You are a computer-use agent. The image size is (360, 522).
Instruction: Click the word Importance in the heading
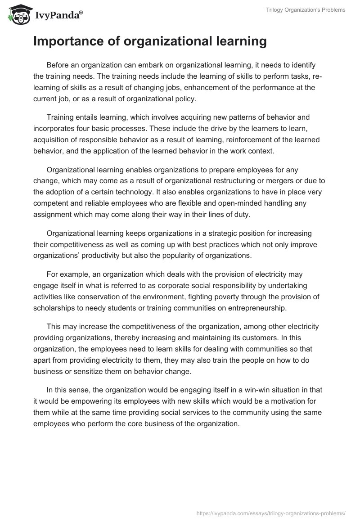click(66, 41)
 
